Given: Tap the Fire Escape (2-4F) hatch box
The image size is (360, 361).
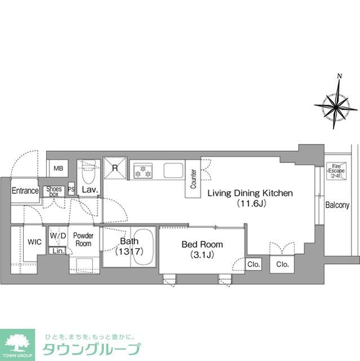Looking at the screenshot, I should tap(336, 170).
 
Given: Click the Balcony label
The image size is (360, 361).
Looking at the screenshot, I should tap(337, 205).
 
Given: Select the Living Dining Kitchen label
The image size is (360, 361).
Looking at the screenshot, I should tap(250, 198).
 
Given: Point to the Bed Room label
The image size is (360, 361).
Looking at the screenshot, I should tap(202, 249).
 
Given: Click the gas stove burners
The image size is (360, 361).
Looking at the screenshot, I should tap(142, 170).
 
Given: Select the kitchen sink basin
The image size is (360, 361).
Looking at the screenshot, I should tap(172, 169).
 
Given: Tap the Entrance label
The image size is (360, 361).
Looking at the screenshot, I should tap(25, 191).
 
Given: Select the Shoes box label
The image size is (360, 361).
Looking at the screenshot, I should tap(54, 191).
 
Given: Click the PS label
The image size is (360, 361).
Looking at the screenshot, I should tap(71, 190).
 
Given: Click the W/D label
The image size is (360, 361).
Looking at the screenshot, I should tap(58, 236).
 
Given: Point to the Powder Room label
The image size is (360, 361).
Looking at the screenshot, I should tap(83, 240).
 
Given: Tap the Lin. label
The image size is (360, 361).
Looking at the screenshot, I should tap(59, 250).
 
